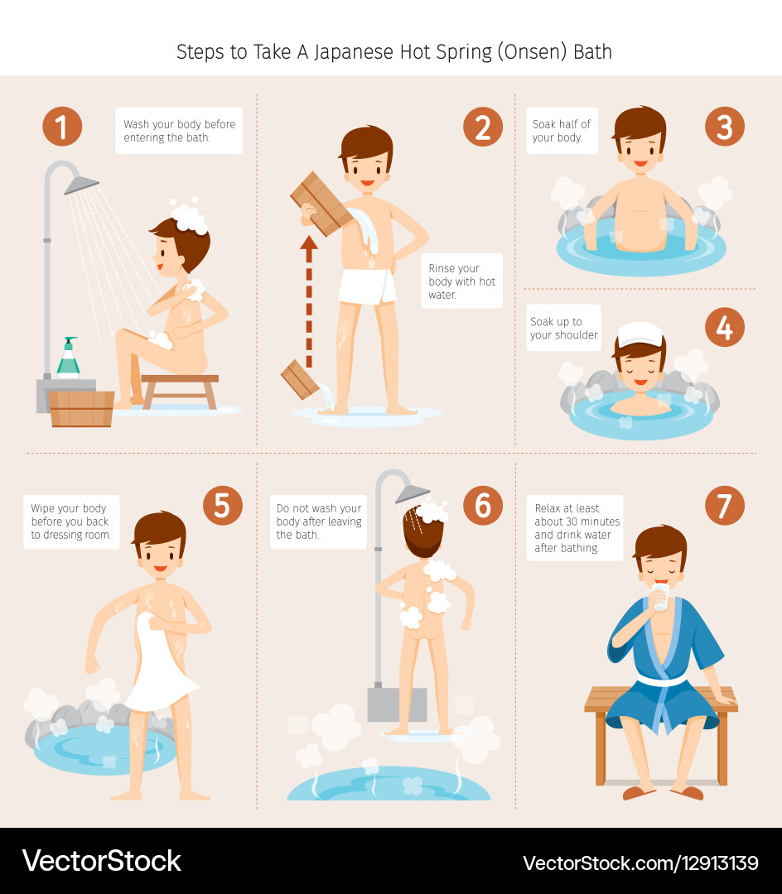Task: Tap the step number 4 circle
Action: coord(724,327)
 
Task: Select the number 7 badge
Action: coord(724,506)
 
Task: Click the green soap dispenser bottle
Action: coord(68,358)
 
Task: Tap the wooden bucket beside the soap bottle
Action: coord(81,408)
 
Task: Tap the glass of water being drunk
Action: coord(660,597)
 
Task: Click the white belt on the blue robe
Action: coord(660,681)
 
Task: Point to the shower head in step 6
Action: coord(412,493)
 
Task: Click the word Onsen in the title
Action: coord(513,51)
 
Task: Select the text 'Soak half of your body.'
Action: coord(562,131)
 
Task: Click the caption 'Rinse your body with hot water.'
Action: coord(461,281)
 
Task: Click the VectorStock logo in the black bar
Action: coord(102,861)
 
